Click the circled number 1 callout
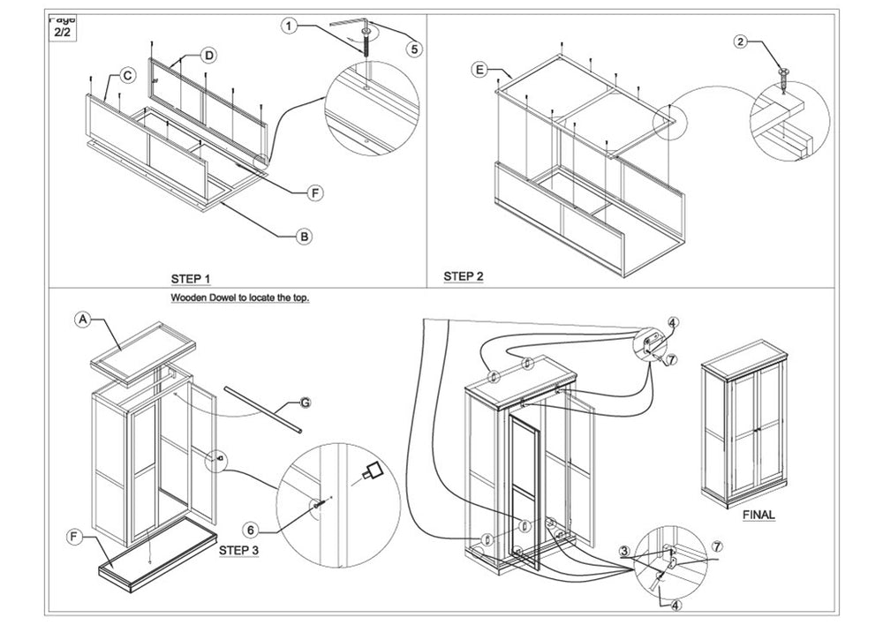[x=289, y=26]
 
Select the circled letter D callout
[x=208, y=56]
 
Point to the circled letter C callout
[x=127, y=76]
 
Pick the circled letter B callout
[x=304, y=236]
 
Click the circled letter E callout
[x=480, y=70]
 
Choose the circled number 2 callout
[x=742, y=41]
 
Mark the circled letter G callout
[x=305, y=403]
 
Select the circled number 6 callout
[x=251, y=530]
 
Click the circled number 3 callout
[x=624, y=552]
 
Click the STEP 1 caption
[x=191, y=279]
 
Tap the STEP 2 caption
[x=464, y=276]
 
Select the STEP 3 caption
[x=238, y=549]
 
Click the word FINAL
[x=758, y=515]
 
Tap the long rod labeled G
[x=262, y=408]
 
